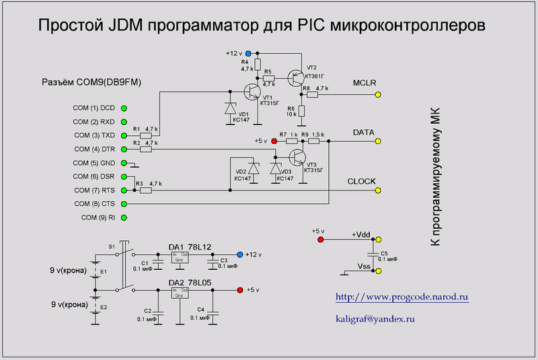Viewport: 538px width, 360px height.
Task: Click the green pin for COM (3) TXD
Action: pyautogui.click(x=124, y=135)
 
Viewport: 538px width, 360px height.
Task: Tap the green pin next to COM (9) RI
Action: pyautogui.click(x=124, y=217)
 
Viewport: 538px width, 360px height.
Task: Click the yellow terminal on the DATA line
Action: pyautogui.click(x=378, y=142)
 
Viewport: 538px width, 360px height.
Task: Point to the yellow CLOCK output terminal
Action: pyautogui.click(x=378, y=190)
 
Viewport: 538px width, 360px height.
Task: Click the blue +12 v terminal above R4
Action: pyautogui.click(x=248, y=52)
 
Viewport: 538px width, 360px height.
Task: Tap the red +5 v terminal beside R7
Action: pyautogui.click(x=274, y=142)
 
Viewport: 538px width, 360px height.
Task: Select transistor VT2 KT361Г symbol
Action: pyautogui.click(x=294, y=77)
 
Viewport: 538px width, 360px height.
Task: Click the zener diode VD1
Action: pyautogui.click(x=230, y=107)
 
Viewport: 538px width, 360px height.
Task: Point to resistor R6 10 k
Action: pyautogui.click(x=302, y=111)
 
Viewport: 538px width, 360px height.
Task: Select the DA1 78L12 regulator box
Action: pyautogui.click(x=180, y=258)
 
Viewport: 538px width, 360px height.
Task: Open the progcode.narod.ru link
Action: pyautogui.click(x=401, y=297)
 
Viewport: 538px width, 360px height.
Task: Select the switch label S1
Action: pyautogui.click(x=112, y=246)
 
